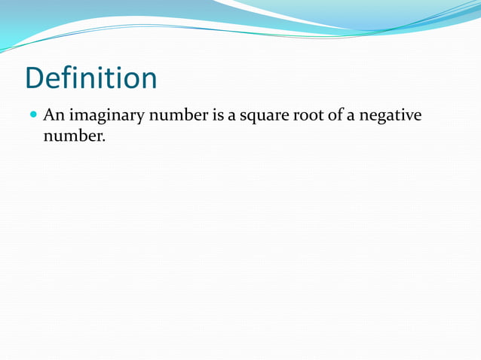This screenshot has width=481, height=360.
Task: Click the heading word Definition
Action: (x=90, y=78)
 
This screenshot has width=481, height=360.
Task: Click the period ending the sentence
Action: (x=103, y=141)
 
